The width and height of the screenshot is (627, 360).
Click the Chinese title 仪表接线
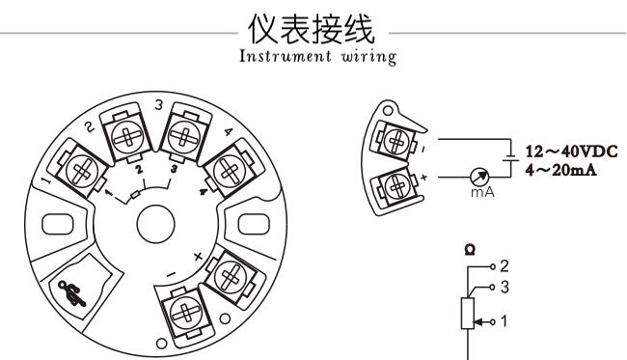pyautogui.click(x=312, y=28)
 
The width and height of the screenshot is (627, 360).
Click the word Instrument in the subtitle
pyautogui.click(x=286, y=56)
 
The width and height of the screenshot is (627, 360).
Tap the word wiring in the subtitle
pyautogui.click(x=368, y=57)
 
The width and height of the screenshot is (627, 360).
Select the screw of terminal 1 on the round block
pyautogui.click(x=82, y=171)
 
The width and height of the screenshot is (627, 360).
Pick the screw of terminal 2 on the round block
pyautogui.click(x=127, y=137)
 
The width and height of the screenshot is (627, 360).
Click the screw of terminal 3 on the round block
pyautogui.click(x=184, y=137)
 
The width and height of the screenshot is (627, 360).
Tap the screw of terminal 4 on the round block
pyautogui.click(x=230, y=171)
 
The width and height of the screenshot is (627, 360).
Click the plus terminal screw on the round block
pyautogui.click(x=230, y=276)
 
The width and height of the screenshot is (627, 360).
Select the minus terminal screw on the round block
pyautogui.click(x=185, y=313)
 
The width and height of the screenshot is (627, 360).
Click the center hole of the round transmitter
pyautogui.click(x=155, y=224)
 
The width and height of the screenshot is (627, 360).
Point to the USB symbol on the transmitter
pyautogui.click(x=71, y=293)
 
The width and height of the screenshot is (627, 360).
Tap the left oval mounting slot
pyautogui.click(x=58, y=224)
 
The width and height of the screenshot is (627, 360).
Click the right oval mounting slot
pyautogui.click(x=254, y=224)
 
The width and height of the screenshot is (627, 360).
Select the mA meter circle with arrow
pyautogui.click(x=479, y=177)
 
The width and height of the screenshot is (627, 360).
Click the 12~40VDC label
pyautogui.click(x=572, y=152)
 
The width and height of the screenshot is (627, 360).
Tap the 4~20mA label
pyautogui.click(x=561, y=170)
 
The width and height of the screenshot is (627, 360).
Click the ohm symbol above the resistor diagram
pyautogui.click(x=471, y=250)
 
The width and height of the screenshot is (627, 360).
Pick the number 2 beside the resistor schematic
pyautogui.click(x=504, y=266)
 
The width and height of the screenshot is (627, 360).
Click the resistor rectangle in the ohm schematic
pyautogui.click(x=468, y=314)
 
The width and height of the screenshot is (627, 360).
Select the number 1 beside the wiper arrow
pyautogui.click(x=504, y=321)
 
